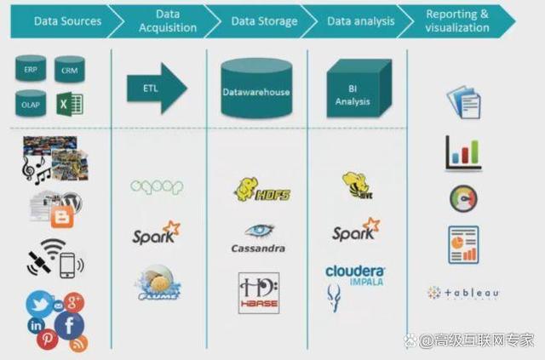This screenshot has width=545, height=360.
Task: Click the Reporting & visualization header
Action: pyautogui.click(x=457, y=20)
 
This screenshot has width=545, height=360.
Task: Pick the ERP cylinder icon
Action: pyautogui.click(x=31, y=69)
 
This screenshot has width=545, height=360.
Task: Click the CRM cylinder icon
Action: pyautogui.click(x=70, y=69)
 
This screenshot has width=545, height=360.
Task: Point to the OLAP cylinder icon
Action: pyautogui.click(x=31, y=104)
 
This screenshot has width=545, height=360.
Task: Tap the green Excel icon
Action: pyautogui.click(x=69, y=104)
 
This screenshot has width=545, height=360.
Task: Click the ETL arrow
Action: pyautogui.click(x=157, y=88)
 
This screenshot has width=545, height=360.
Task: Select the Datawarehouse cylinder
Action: pyautogui.click(x=255, y=86)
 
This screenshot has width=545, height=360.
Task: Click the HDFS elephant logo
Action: pyautogui.click(x=261, y=189)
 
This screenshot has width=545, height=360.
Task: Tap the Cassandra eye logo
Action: pyautogui.click(x=257, y=231)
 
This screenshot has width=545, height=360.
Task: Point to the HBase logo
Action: pyautogui.click(x=258, y=292)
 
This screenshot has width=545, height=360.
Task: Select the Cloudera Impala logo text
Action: pyautogui.click(x=356, y=274)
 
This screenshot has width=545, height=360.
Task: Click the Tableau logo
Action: pyautogui.click(x=463, y=293)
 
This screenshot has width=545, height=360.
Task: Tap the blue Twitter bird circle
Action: pyautogui.click(x=39, y=302)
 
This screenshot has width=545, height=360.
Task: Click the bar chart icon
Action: pyautogui.click(x=462, y=153)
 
